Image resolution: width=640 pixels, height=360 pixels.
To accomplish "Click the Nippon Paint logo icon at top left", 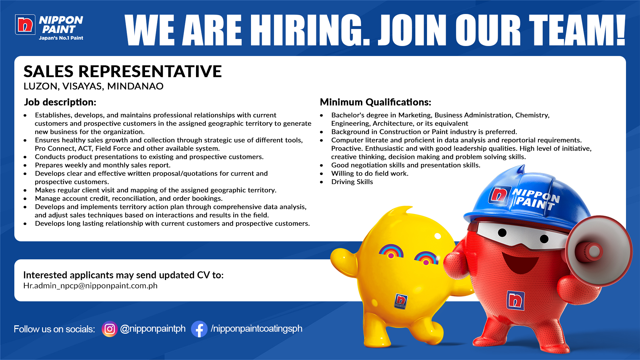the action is coord(25,25).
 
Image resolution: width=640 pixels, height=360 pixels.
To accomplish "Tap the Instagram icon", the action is coord(110,329).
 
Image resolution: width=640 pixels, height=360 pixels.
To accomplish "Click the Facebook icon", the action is coord(199,329).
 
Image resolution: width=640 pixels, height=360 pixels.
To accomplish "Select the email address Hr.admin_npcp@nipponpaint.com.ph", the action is coord(90,286).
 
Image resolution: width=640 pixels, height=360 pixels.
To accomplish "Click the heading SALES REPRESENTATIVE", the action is coord(123,71).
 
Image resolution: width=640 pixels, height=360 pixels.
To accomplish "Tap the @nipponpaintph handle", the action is coord(153,329).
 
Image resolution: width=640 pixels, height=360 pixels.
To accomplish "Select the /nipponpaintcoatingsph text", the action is coord(256,329).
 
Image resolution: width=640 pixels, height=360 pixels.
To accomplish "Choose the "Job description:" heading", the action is coord(60,102).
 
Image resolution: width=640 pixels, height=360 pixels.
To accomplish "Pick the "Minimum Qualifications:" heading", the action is coord(376,102).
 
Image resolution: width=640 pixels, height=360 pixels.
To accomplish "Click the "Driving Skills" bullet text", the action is coord(352,182).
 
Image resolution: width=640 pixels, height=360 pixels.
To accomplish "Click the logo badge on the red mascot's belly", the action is coord(515,300).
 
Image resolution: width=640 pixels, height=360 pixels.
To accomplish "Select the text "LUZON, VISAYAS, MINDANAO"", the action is coord(93,86).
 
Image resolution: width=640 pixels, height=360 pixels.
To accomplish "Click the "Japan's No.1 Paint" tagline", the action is coord(61,38).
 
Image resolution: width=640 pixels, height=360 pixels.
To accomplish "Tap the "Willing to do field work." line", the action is coord(370,173).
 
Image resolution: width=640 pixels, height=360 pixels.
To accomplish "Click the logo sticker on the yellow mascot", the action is coord(401,301).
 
